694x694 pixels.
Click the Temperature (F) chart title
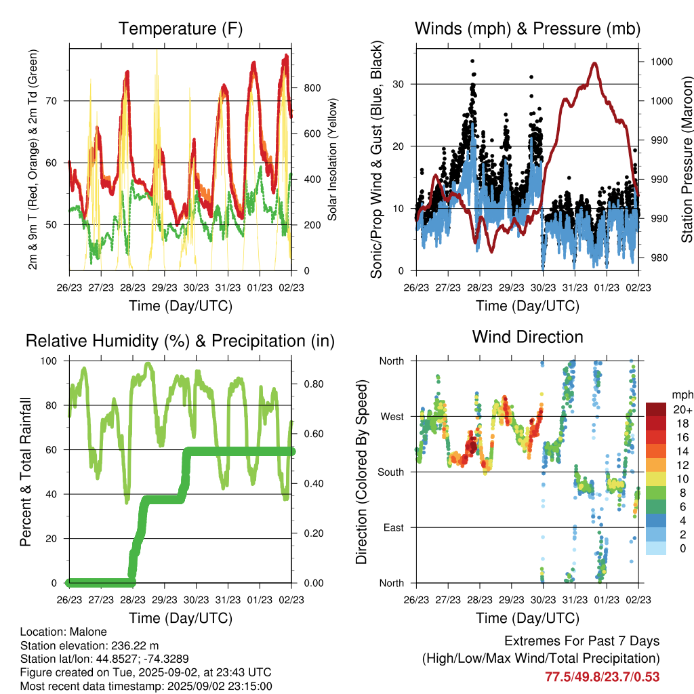coord(180,28)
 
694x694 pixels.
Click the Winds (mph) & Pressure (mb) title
coord(527,28)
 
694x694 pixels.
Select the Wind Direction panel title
coord(527,337)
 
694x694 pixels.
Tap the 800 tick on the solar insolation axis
coord(312,88)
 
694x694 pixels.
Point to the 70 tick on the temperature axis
coord(52,101)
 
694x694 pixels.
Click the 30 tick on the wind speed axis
coord(399,84)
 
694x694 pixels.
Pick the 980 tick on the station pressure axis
coord(659,258)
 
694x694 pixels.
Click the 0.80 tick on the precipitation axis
coord(314,384)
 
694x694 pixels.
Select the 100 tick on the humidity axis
coord(49,361)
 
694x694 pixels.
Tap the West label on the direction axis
coord(392,417)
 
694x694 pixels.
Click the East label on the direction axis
coord(394,527)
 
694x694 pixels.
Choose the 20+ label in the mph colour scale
coord(682,410)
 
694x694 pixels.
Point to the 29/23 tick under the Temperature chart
coord(164,287)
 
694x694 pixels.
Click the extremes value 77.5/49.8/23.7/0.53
coord(602,677)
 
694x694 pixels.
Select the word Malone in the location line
coord(89,632)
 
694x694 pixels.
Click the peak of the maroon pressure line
coord(594,64)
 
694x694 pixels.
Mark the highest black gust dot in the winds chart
coord(472,61)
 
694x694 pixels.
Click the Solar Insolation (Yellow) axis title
coord(332,159)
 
